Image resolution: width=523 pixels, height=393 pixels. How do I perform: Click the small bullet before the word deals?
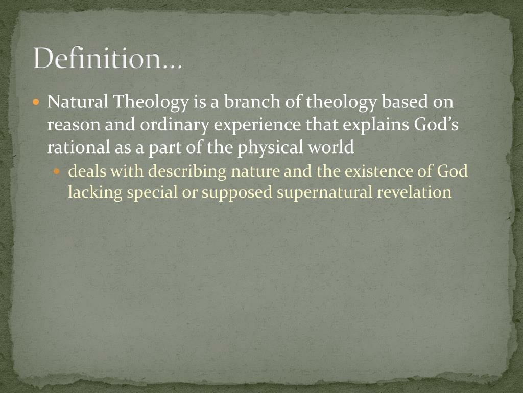pyautogui.click(x=57, y=171)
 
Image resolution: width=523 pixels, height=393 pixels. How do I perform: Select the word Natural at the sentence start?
pyautogui.click(x=78, y=102)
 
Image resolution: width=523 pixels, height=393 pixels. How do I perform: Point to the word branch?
pyautogui.click(x=250, y=102)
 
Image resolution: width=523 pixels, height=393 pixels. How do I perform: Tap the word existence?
pyautogui.click(x=376, y=171)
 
